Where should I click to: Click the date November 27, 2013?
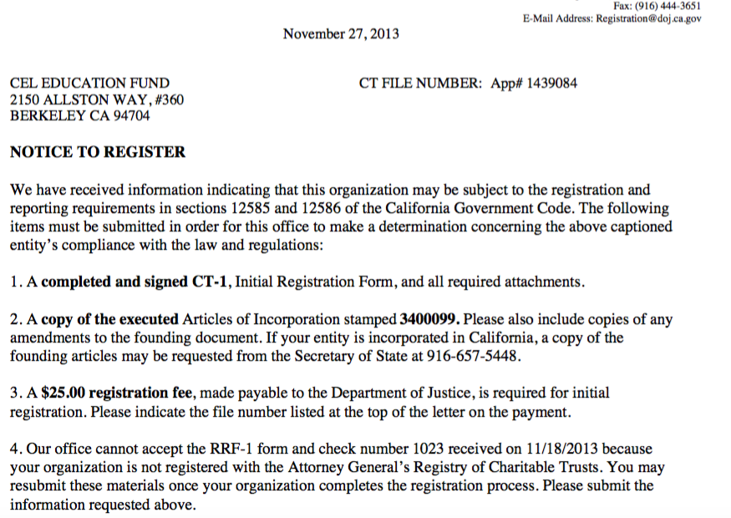coord(341,34)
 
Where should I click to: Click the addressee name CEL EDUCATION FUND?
coord(89,84)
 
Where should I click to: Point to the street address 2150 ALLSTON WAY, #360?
coord(97,100)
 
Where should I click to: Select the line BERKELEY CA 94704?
coord(79,116)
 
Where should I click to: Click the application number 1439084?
coord(549,84)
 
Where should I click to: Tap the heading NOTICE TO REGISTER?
coord(98,153)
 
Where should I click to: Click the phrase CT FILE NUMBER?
coord(420,84)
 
